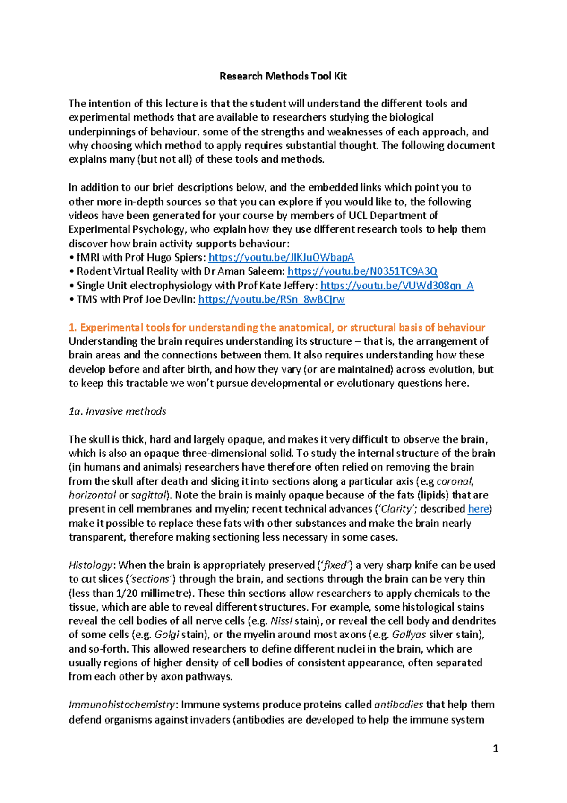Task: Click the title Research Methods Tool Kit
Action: (283, 76)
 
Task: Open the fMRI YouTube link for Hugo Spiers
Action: (281, 258)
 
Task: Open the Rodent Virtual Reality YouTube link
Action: (362, 271)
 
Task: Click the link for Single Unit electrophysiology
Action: (396, 286)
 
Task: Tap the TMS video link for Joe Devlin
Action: (271, 299)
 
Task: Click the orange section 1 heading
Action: (277, 328)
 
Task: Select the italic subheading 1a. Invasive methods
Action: (118, 411)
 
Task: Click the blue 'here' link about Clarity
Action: (478, 509)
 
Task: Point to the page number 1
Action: (495, 749)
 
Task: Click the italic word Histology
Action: (91, 565)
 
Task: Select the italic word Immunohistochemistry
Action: (122, 705)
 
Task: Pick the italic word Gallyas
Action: (409, 635)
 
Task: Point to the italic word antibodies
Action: (398, 705)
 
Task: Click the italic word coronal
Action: (454, 481)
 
